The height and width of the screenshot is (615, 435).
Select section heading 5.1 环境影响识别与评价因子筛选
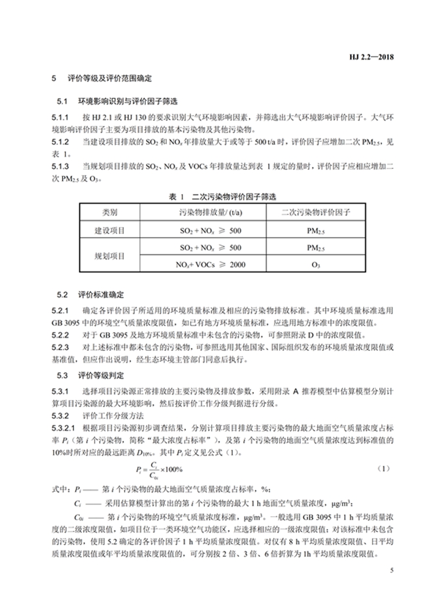point(119,102)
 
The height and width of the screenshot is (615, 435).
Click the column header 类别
point(110,212)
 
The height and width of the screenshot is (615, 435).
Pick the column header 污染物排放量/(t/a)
point(210,212)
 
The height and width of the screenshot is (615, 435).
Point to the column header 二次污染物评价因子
point(315,212)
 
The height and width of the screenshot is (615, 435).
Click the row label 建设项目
point(110,230)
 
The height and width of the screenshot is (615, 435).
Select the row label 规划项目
point(110,256)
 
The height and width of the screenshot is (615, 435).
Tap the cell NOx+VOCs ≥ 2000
point(210,265)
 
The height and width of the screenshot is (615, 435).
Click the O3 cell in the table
point(315,265)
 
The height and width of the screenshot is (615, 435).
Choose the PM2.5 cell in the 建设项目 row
point(315,230)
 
